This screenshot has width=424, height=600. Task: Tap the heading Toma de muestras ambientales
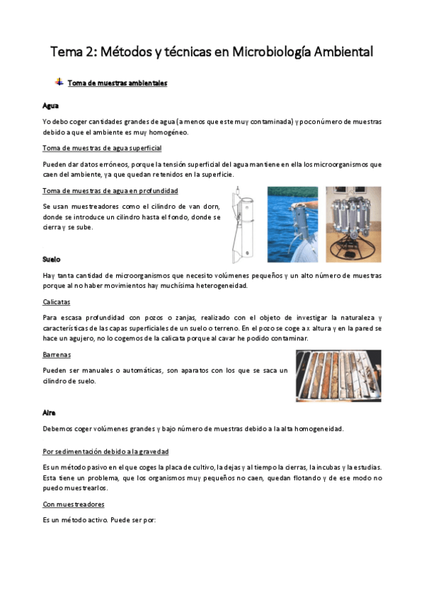click(117, 83)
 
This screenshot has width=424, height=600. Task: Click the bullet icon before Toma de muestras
click(59, 82)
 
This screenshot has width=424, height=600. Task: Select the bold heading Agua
click(50, 105)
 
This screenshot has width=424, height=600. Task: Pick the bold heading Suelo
click(51, 260)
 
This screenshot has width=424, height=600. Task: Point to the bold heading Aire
click(49, 412)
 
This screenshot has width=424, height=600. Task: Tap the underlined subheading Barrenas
click(57, 356)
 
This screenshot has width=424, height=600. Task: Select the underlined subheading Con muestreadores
click(74, 504)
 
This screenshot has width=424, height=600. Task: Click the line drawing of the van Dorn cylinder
click(244, 224)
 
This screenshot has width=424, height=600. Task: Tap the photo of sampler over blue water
click(292, 224)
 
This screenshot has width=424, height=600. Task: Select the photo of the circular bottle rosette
click(353, 224)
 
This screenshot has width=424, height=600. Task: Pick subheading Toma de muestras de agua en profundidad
click(110, 191)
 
